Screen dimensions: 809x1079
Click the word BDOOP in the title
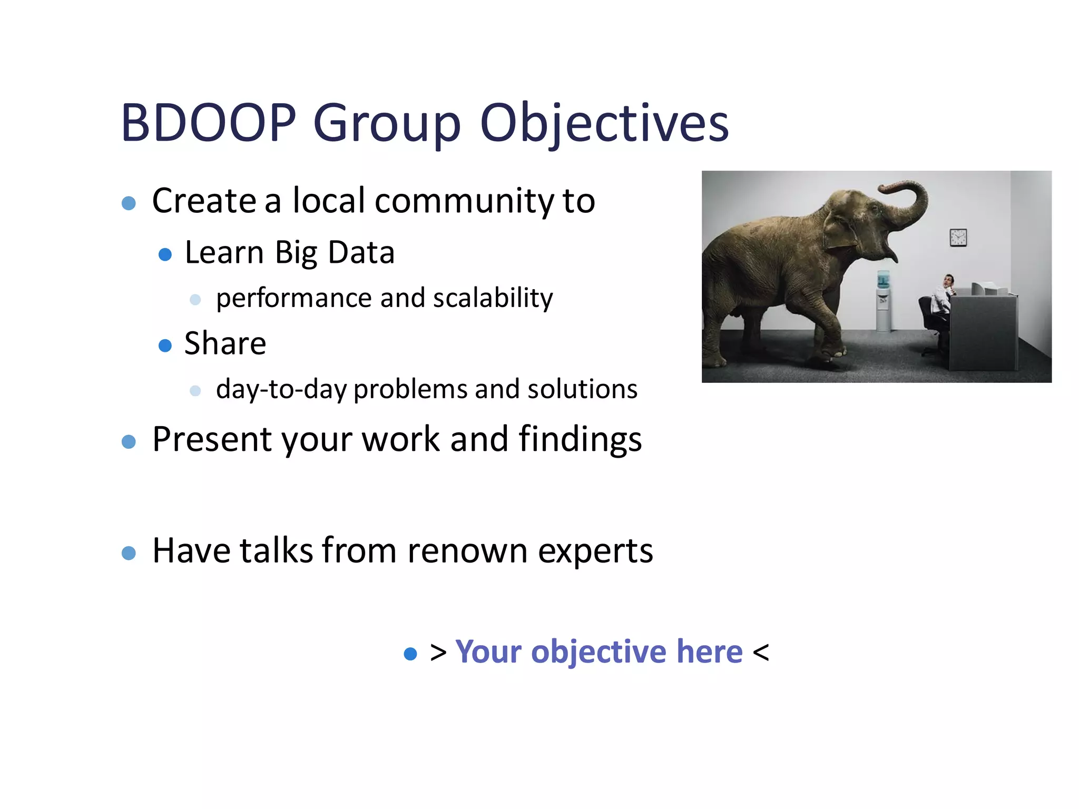point(209,123)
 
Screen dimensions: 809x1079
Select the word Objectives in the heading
point(604,123)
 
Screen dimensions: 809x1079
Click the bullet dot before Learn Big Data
point(165,255)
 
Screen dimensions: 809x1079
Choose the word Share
point(225,343)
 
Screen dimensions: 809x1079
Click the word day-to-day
point(281,389)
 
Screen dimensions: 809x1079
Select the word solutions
point(582,389)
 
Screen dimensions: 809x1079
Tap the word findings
point(580,439)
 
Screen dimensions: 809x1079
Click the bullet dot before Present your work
point(129,441)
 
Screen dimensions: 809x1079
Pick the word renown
point(467,551)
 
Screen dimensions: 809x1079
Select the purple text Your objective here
point(599,652)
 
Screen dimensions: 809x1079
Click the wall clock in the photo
point(958,238)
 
